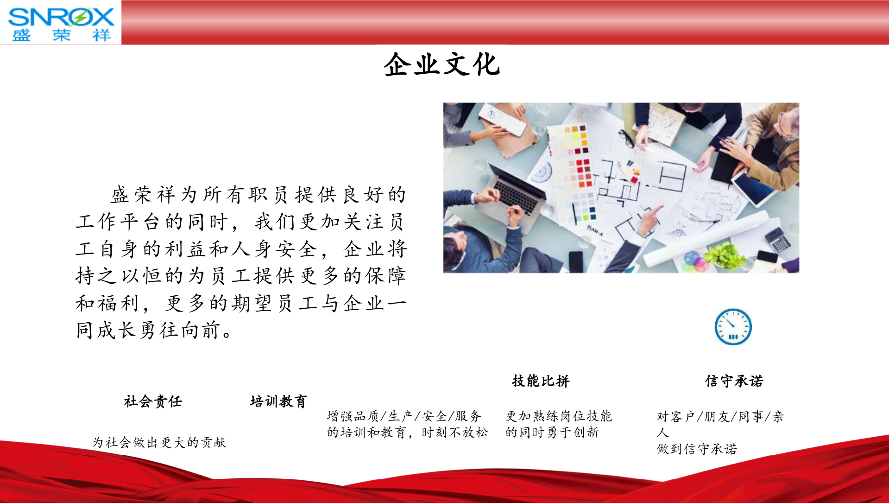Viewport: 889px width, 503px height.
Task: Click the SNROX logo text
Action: [61, 17]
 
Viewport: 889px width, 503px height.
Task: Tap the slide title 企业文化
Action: [442, 64]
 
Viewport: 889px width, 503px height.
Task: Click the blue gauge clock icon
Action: [733, 327]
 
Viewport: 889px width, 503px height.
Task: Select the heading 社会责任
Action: [153, 401]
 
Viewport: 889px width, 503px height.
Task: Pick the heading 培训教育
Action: [278, 401]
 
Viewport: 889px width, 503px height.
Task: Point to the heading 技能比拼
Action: [541, 381]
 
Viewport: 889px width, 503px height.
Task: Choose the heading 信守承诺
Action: [734, 381]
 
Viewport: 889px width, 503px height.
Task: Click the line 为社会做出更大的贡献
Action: [159, 442]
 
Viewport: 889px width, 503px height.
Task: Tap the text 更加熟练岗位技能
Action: [559, 416]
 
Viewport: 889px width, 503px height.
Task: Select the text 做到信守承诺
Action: [697, 449]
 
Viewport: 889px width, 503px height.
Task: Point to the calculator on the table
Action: [778, 239]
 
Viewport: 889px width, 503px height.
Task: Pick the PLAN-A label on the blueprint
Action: [595, 229]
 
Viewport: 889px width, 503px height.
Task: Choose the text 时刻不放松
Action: [454, 432]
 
